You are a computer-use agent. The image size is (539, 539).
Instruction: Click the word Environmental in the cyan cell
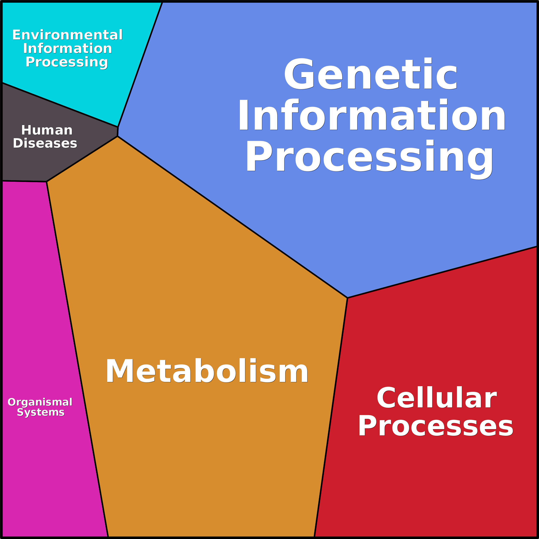[67, 35]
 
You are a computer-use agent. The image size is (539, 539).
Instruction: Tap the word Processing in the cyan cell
[67, 62]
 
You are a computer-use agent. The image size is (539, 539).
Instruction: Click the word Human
[47, 130]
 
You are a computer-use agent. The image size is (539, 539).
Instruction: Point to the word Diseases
[45, 143]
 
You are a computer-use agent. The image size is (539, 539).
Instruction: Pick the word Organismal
[40, 402]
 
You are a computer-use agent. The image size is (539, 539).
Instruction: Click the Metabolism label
[207, 372]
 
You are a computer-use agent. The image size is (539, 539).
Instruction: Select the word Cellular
[437, 398]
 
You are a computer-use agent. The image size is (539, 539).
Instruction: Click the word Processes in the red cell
[436, 426]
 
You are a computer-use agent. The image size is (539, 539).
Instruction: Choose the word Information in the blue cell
[372, 115]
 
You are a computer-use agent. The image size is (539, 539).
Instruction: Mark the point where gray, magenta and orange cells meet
[47, 182]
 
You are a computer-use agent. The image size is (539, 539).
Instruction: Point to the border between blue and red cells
[442, 272]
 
